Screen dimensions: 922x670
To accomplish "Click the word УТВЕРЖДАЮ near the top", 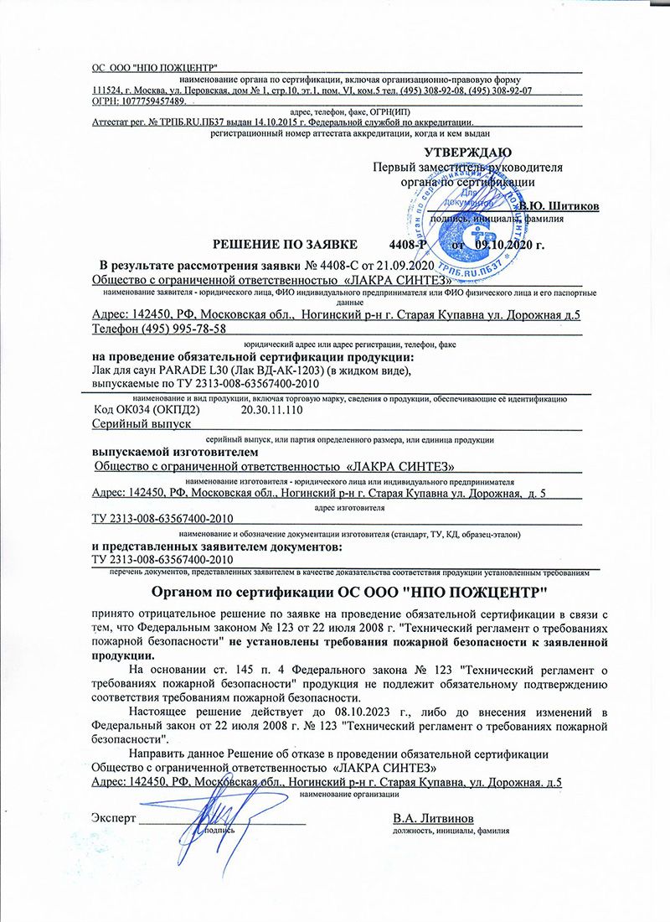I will (468, 153).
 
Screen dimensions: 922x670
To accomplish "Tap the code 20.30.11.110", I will (271, 412).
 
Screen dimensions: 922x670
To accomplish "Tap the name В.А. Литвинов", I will (433, 817).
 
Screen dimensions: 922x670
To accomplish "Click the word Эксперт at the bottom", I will (112, 818).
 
